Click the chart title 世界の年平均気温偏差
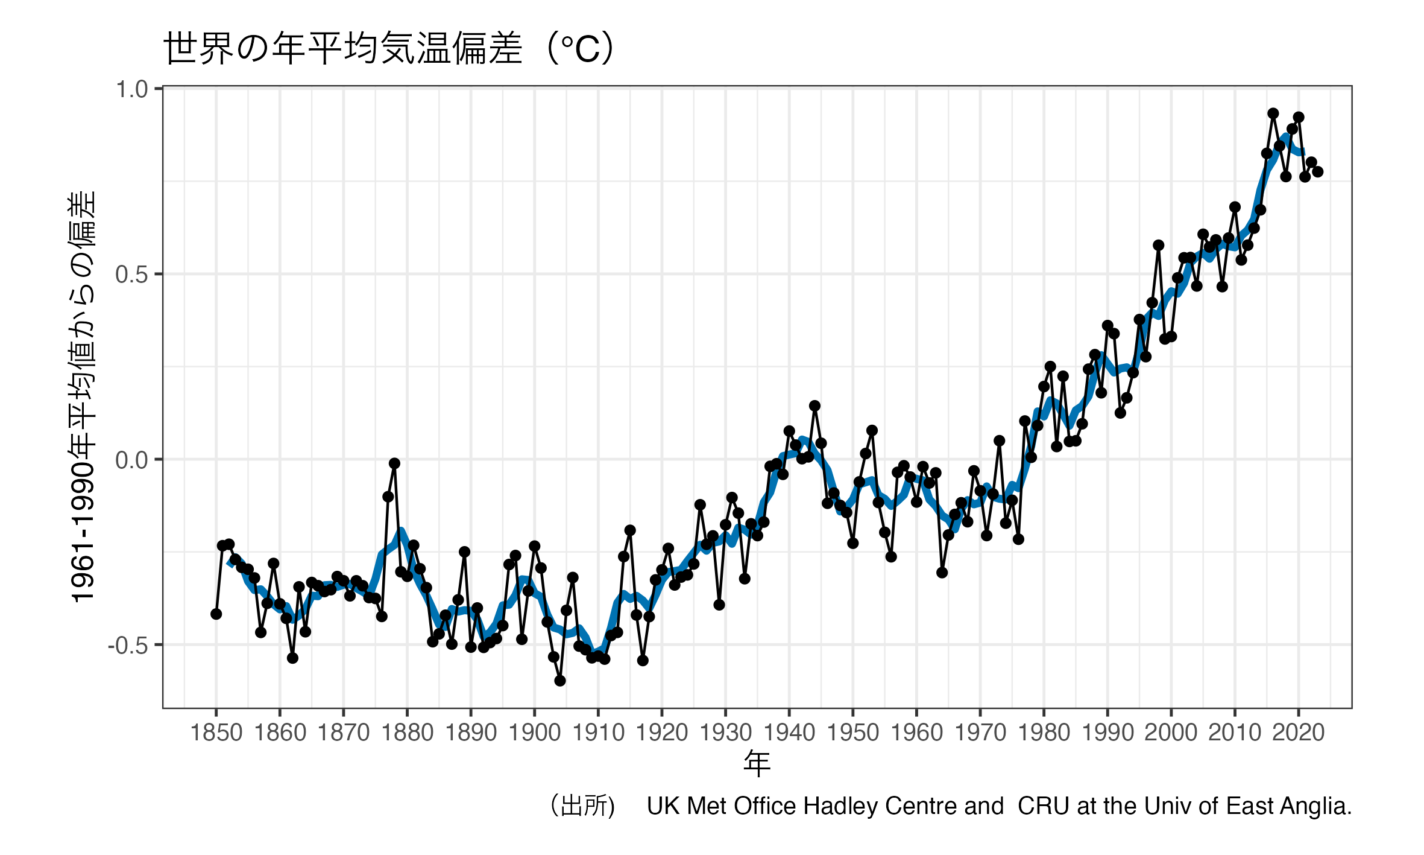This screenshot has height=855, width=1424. click(389, 48)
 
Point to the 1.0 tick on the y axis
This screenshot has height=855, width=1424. click(132, 89)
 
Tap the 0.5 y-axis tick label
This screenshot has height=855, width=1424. click(132, 275)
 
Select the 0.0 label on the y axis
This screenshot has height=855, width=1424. click(132, 460)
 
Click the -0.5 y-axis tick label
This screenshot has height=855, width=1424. click(128, 646)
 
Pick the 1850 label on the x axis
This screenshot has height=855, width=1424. click(216, 733)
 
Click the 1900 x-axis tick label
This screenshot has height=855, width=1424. click(534, 733)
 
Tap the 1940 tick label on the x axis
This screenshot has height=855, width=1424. click(789, 733)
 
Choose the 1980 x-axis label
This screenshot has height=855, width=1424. click(1044, 733)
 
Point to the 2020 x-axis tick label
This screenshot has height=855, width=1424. click(1298, 733)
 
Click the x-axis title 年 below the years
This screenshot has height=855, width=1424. click(757, 763)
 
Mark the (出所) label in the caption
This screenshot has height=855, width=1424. click(582, 806)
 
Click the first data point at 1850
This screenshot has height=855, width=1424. click(216, 614)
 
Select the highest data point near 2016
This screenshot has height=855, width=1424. click(1273, 113)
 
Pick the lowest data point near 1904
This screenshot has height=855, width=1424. click(560, 681)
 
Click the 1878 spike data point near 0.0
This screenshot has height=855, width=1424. click(394, 463)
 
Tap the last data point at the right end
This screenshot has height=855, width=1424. click(1318, 172)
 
